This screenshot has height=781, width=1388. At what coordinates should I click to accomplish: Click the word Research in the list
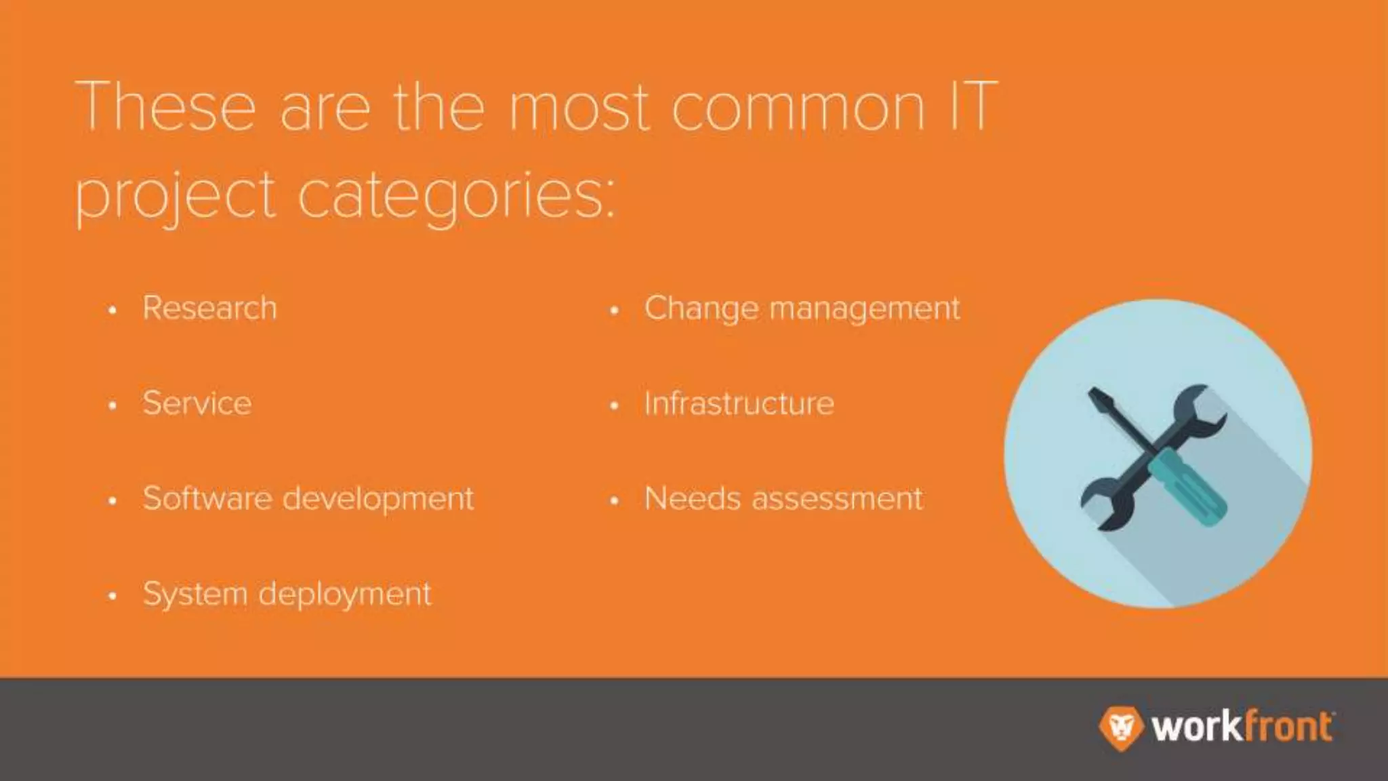click(209, 308)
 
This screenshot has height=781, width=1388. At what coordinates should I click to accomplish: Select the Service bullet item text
click(197, 403)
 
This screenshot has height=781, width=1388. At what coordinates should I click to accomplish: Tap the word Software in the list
click(207, 498)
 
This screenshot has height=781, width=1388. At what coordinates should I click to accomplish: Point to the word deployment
click(345, 595)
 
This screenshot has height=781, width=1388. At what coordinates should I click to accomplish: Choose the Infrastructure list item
click(739, 403)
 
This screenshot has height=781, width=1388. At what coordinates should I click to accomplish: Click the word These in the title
click(166, 107)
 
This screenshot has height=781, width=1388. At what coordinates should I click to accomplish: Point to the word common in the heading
click(798, 107)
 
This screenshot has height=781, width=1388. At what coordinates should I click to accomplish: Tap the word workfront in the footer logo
click(1241, 727)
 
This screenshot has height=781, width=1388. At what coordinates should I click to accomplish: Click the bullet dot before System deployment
click(113, 596)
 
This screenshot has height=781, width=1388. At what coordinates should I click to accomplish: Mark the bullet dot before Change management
click(614, 311)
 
